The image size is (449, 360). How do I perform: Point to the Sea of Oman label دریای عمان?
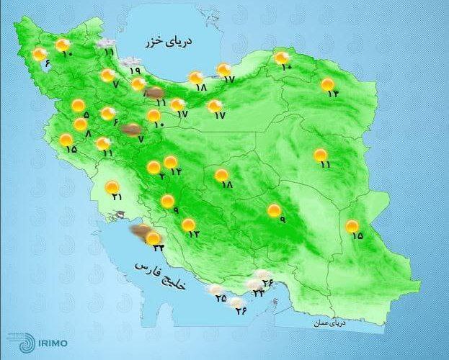point(329,324)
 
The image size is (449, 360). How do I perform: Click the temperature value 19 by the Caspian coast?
point(135,71)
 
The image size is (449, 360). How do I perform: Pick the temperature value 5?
point(86,115)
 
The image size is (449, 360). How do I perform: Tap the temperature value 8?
point(88,134)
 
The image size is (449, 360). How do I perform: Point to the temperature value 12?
point(194,234)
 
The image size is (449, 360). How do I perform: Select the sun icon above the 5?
point(78,106)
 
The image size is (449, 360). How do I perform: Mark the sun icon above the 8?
point(81,124)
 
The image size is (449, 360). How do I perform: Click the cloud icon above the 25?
point(215,290)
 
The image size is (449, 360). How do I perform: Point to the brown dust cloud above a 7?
point(130,129)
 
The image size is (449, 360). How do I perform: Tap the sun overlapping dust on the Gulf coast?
point(152,238)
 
